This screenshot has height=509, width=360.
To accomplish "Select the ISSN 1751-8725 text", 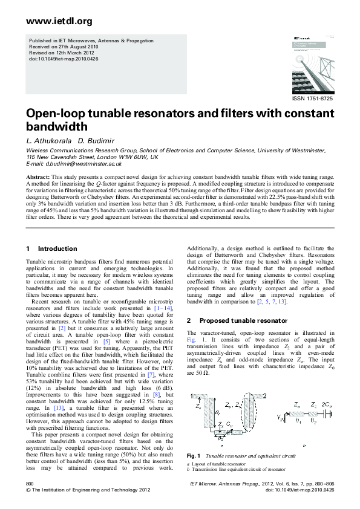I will [312, 99].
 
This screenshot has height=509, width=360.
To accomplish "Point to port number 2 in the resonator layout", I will [265, 395].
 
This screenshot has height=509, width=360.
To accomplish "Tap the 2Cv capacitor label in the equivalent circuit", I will [327, 404].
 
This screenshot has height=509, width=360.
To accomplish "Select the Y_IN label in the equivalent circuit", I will [280, 416].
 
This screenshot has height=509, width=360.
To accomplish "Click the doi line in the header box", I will [64, 59].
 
